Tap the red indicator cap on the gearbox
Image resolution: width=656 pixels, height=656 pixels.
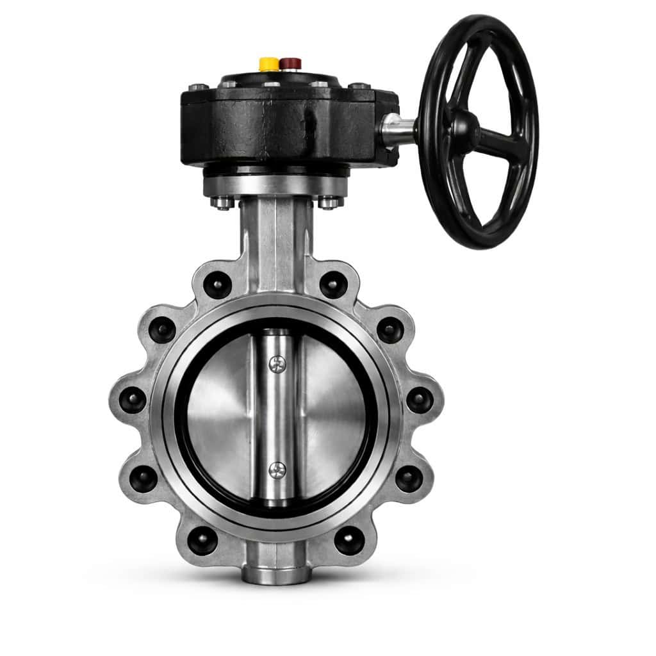pyautogui.click(x=290, y=63)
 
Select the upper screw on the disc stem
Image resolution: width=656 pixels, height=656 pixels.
pyautogui.click(x=276, y=365)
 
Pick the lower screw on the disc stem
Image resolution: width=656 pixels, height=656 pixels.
pyautogui.click(x=276, y=471)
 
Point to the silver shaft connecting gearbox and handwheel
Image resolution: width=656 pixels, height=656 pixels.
pyautogui.click(x=398, y=130)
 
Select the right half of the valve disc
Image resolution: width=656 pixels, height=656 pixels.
pyautogui.click(x=332, y=417)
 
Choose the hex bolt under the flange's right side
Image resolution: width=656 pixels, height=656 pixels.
pyautogui.click(x=328, y=202)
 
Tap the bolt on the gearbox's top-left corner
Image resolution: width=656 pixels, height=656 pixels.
pyautogui.click(x=198, y=87)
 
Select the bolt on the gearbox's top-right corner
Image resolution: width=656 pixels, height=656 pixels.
pyautogui.click(x=359, y=86)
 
